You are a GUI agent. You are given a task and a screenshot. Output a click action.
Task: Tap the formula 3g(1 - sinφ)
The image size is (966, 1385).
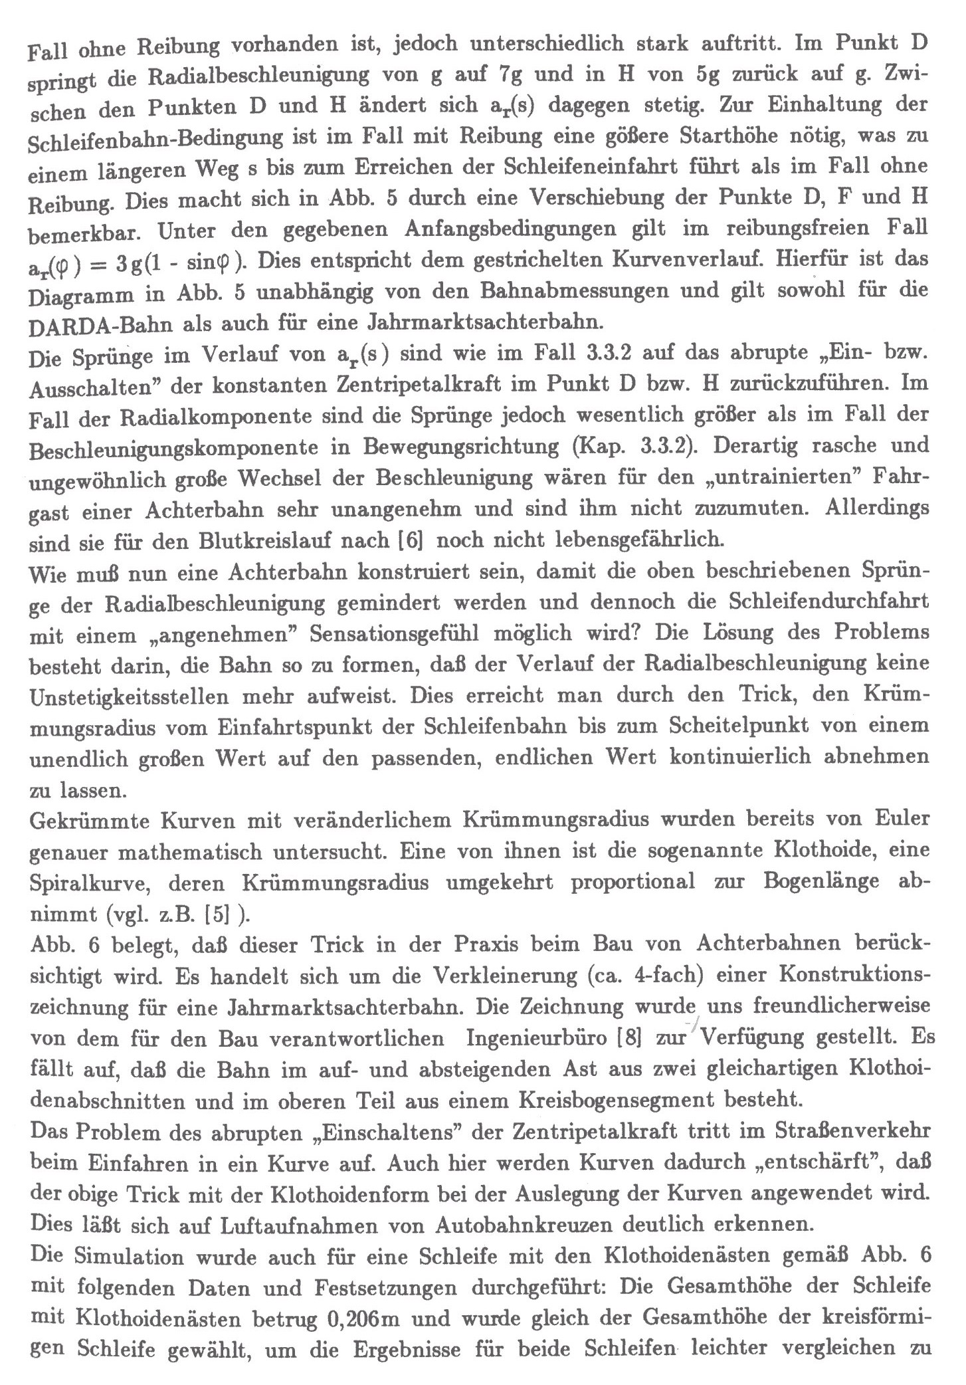179,263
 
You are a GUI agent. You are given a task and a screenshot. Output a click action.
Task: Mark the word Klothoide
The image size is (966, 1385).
820,850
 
